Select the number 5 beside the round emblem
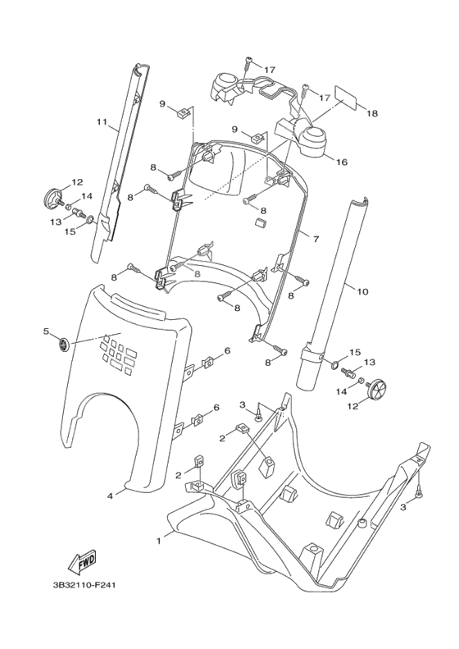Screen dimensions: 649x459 [47, 331]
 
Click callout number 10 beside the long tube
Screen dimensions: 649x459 [363, 290]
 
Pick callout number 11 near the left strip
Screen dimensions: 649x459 [102, 122]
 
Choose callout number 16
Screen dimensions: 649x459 [341, 162]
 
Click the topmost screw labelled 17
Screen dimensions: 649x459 [248, 61]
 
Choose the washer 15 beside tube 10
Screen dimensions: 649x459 [337, 362]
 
